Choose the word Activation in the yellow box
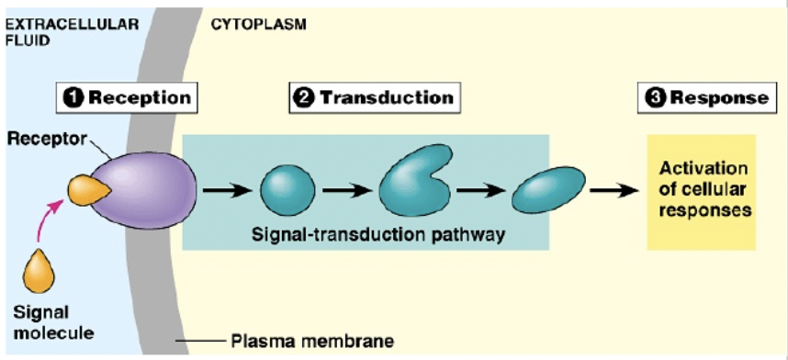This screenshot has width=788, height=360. tap(703, 170)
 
